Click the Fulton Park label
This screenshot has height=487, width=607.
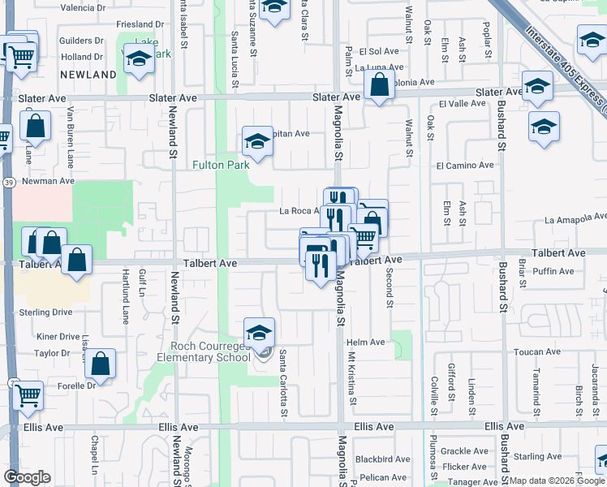click(x=221, y=165)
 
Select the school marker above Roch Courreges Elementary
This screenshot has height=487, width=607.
click(x=259, y=332)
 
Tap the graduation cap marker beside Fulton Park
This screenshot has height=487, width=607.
click(x=257, y=141)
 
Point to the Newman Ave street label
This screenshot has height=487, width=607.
click(x=48, y=181)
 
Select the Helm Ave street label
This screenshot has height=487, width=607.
click(x=365, y=342)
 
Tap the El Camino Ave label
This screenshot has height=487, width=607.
click(x=464, y=165)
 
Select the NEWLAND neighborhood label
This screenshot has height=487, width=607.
click(x=88, y=75)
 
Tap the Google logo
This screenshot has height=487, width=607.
click(x=27, y=477)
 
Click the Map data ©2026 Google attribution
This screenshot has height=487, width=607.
click(x=557, y=481)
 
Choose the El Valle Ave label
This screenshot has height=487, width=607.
click(x=462, y=104)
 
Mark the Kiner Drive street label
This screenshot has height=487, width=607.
click(x=58, y=335)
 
